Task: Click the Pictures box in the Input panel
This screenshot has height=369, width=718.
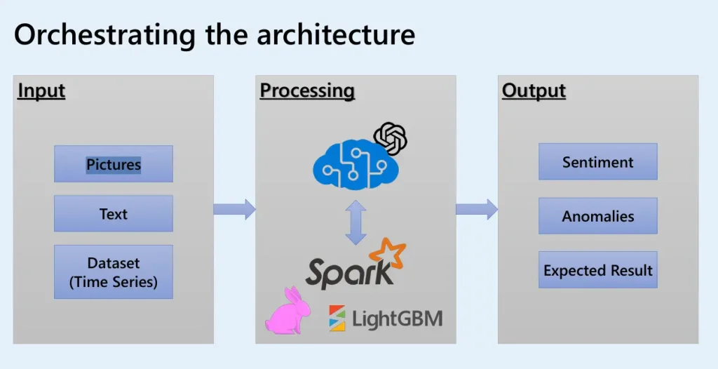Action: tap(114, 163)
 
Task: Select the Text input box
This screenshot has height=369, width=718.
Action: tap(114, 213)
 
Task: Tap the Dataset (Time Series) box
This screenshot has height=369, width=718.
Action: tap(114, 271)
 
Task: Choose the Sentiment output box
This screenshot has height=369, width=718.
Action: tap(598, 161)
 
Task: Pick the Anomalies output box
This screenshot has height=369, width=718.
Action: tap(598, 216)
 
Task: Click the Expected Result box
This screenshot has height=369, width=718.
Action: tap(598, 269)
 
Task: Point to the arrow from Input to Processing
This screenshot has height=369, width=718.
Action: tap(234, 210)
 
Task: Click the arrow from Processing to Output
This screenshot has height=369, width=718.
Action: tap(477, 210)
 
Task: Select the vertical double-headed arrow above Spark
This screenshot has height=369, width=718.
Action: tap(355, 222)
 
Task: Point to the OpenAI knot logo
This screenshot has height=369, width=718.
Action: tap(391, 139)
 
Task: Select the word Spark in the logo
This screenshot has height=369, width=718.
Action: tap(349, 272)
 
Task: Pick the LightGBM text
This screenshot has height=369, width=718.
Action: tap(398, 318)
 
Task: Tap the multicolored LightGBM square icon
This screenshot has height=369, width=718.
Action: tap(337, 318)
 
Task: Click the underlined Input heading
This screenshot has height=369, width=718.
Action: tap(41, 91)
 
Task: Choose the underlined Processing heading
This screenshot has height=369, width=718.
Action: tap(307, 91)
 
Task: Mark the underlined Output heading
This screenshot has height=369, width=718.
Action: tap(534, 91)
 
